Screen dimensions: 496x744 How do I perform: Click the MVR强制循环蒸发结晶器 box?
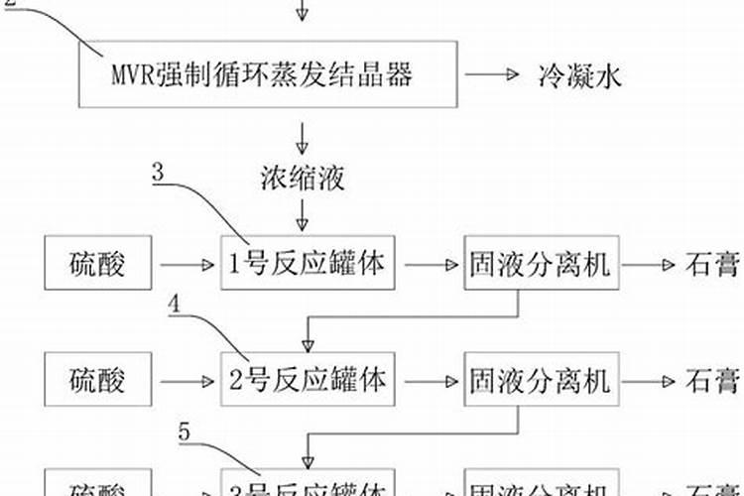tap(269, 74)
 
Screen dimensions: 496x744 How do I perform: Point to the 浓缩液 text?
tap(304, 179)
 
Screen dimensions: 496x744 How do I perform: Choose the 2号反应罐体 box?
tap(302, 380)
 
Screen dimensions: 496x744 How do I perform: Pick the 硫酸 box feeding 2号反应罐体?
tap(98, 380)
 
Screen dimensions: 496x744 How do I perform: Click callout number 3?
tap(160, 171)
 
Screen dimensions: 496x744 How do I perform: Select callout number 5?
tap(186, 430)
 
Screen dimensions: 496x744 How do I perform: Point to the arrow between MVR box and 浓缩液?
tap(304, 135)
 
